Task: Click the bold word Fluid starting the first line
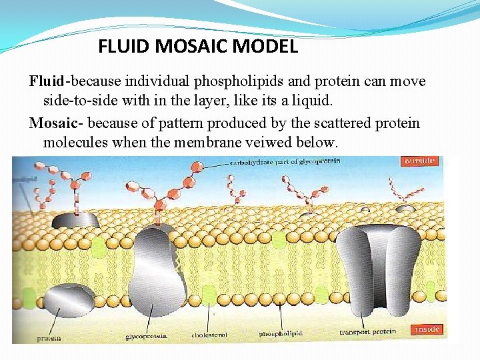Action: [46, 81]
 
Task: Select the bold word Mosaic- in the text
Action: [56, 123]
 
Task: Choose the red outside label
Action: [419, 161]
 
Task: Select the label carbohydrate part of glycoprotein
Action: [285, 161]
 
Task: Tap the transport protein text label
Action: [367, 332]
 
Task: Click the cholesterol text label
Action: [209, 334]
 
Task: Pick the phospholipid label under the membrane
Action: [281, 333]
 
